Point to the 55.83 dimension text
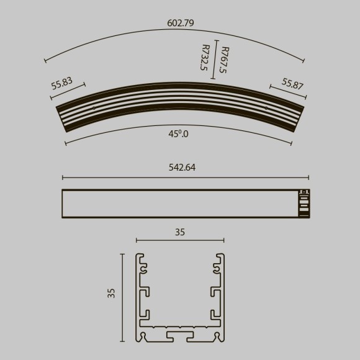click(62, 84)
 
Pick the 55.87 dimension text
click(292, 84)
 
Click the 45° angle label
click(179, 133)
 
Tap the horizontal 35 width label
click(180, 233)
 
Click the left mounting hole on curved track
click(93, 108)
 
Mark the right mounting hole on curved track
click(266, 108)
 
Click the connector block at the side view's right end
click(304, 203)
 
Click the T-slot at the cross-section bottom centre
click(180, 335)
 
